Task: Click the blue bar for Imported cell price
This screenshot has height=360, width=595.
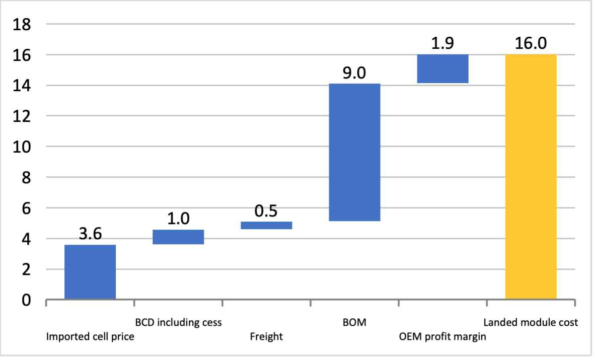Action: coord(90,272)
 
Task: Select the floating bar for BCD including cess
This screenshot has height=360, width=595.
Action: coord(178,237)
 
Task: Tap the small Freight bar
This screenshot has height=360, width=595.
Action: coord(266,225)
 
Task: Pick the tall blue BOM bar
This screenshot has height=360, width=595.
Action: coord(354,152)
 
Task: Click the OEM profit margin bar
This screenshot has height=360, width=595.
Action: coord(442,68)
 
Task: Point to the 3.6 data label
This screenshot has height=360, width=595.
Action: coord(90,234)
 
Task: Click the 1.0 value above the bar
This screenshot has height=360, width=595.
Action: coord(178,219)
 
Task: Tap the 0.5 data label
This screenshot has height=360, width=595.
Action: coord(266,210)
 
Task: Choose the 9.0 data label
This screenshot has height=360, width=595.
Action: coord(354,73)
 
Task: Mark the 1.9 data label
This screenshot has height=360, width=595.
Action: coord(442,43)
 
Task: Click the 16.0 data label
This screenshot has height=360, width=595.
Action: coord(531,43)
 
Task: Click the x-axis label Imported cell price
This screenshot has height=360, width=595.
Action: coord(90,337)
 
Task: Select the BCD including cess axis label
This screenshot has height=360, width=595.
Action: coord(178,322)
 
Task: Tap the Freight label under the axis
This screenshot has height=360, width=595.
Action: coord(266,337)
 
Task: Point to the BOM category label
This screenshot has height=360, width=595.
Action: coord(354,322)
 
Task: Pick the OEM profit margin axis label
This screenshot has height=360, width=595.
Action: coord(442,337)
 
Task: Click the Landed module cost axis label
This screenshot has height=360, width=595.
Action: coord(531,322)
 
